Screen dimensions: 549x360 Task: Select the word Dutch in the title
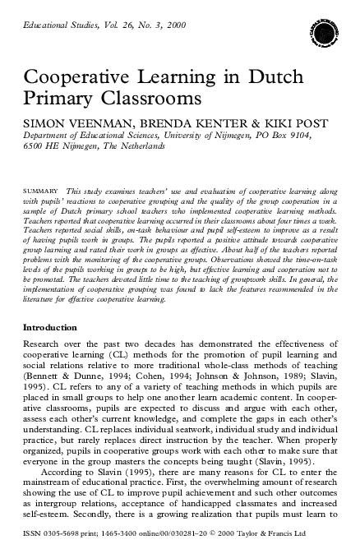pyautogui.click(x=262, y=78)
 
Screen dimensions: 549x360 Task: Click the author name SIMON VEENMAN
pyautogui.click(x=67, y=121)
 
